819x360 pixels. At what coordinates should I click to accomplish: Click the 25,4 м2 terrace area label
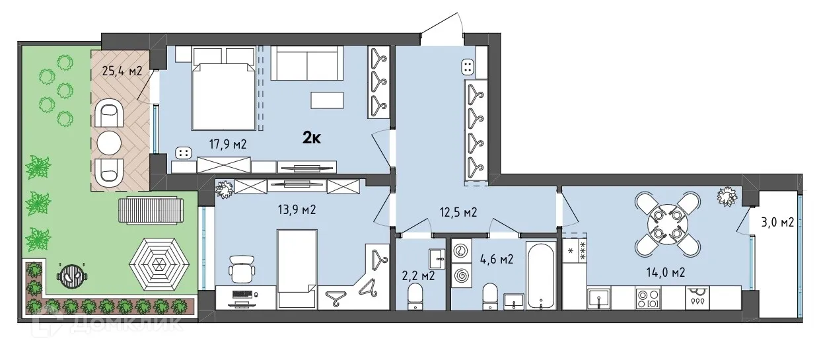click(x=123, y=71)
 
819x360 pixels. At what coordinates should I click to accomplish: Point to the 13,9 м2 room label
click(x=294, y=210)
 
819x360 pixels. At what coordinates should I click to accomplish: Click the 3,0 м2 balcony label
click(x=777, y=222)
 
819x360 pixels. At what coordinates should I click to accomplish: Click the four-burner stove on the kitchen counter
click(x=647, y=298)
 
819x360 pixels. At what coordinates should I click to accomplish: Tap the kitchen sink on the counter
click(x=598, y=299)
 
